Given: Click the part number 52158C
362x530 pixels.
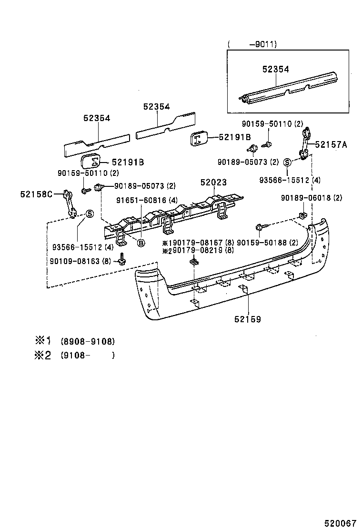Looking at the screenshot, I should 36,194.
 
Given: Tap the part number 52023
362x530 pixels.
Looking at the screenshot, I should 213,183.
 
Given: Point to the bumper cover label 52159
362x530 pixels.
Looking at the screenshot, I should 247,319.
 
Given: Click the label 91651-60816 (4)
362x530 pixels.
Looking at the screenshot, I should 147,201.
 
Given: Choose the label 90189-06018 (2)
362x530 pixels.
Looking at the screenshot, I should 311,198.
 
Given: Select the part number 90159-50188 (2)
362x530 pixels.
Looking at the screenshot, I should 270,242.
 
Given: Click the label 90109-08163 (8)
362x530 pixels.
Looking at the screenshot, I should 80,261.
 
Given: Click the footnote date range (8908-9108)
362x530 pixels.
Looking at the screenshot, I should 88,342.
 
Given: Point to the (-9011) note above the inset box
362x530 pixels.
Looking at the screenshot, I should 252,44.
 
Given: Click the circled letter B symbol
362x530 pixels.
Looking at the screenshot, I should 141,243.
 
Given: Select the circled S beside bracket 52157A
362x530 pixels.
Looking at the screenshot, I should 287,163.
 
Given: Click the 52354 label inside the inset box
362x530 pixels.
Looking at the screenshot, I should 275,69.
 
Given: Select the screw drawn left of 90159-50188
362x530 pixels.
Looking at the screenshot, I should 260,228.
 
